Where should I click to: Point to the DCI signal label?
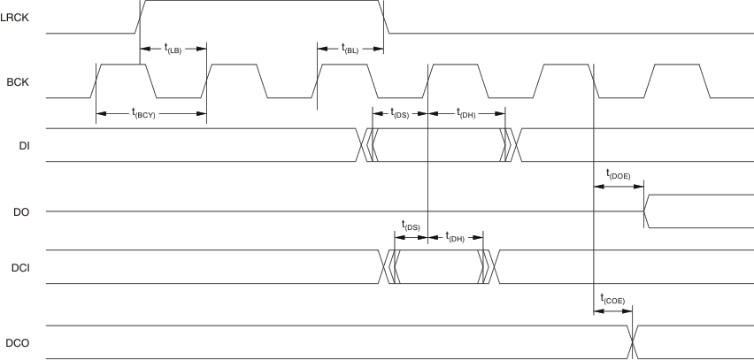pos(20,267)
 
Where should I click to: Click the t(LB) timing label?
pos(173,49)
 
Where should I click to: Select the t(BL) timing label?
pos(350,49)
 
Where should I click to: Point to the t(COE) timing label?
pos(612,299)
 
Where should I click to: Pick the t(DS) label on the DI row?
pos(398,112)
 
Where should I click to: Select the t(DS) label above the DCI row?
pos(410,226)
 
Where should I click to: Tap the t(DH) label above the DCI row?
pos(455,238)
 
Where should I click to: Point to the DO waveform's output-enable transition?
pos(647,212)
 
